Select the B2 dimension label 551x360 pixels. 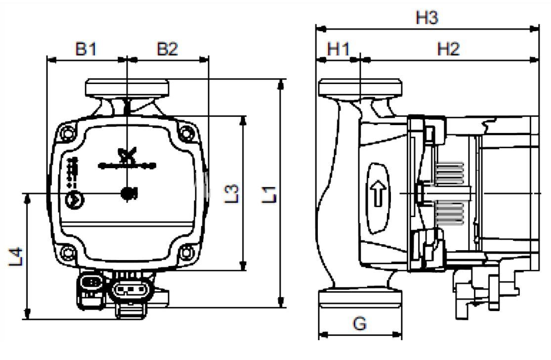(x=168, y=49)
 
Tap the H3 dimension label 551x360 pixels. (x=426, y=18)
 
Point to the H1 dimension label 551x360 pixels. (x=339, y=49)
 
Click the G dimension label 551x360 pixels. (x=360, y=324)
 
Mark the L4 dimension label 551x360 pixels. (x=16, y=257)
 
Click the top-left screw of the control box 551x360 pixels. (x=66, y=133)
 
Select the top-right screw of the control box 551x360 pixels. (x=186, y=133)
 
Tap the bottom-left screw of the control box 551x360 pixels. (x=66, y=252)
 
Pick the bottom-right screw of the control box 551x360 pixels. (x=186, y=252)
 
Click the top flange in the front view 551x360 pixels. (x=127, y=88)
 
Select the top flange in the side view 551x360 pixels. (x=360, y=88)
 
